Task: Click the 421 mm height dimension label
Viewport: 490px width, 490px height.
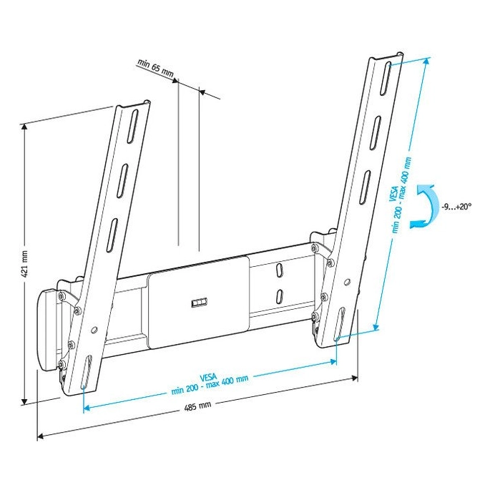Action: pos(24,264)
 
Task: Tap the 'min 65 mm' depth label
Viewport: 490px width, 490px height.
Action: pos(155,69)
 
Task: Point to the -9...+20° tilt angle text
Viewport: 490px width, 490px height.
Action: pos(456,206)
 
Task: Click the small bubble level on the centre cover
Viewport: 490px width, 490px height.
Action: pos(198,303)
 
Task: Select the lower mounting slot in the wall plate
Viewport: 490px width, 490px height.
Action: pos(278,295)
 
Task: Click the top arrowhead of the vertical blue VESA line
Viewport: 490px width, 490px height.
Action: pos(427,61)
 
